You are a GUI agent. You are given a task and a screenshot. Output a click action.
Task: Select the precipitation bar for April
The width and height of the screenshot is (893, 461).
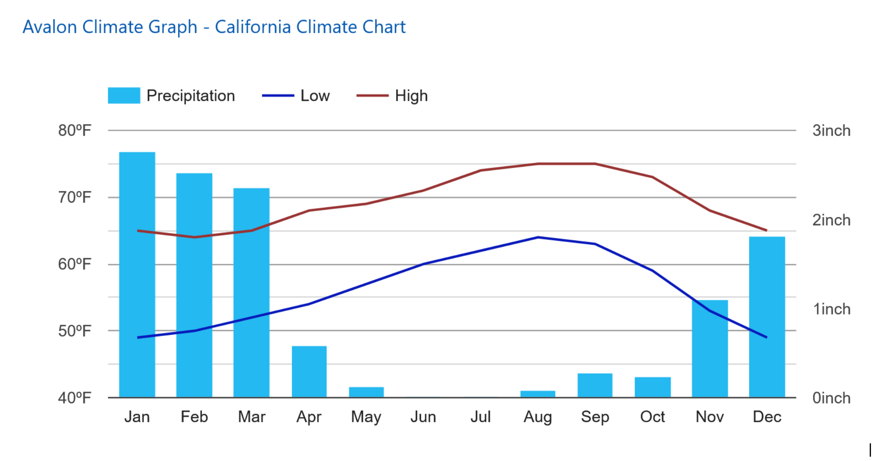pos(309,371)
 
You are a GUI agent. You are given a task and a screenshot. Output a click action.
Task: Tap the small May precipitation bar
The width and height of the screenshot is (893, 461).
pos(366,392)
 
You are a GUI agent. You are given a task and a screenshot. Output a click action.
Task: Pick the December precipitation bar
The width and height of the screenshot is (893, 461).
pos(767,317)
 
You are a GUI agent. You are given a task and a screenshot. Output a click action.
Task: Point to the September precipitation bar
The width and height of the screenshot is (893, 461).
pos(595,385)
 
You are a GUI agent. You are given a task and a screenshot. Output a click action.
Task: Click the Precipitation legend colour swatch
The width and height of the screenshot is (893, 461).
pos(124,96)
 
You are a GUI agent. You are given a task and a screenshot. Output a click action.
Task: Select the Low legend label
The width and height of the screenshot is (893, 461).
pos(315,96)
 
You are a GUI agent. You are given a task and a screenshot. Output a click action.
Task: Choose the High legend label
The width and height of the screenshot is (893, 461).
pos(411,96)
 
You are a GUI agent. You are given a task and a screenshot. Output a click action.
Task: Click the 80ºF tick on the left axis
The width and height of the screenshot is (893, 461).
pos(75,130)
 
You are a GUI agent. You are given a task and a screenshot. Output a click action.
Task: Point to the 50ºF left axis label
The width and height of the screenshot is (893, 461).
pos(75,331)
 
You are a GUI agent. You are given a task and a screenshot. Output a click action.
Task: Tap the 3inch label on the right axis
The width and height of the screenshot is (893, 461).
pos(831,131)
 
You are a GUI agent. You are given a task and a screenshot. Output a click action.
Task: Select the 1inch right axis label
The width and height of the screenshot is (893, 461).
pos(831,309)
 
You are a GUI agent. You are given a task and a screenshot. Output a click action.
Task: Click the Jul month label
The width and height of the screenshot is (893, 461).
pos(481,417)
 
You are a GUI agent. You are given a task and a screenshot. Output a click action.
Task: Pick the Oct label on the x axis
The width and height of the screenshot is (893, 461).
pos(653,417)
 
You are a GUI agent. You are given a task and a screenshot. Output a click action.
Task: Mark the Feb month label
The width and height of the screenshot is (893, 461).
pos(194,417)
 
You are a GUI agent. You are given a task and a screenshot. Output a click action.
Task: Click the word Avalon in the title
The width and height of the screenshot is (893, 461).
pos(50,27)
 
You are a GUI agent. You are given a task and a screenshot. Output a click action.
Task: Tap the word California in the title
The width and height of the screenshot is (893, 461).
pos(253,27)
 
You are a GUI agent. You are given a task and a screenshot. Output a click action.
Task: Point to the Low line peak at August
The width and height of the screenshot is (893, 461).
pos(538,237)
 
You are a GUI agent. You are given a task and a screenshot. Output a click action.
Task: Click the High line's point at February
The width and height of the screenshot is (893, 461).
pos(194,237)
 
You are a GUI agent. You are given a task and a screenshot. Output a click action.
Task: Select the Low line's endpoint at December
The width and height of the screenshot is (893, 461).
pos(767,337)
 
